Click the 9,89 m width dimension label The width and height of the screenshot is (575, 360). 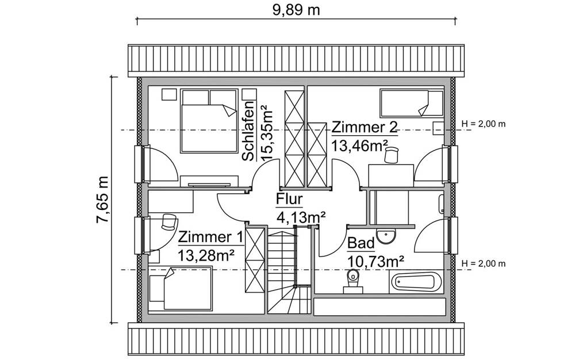(x=294, y=10)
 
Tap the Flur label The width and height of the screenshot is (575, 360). (x=290, y=200)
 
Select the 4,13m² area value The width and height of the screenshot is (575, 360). (x=302, y=217)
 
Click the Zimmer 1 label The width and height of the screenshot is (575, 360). (x=210, y=237)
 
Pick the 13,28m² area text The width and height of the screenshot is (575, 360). (x=205, y=255)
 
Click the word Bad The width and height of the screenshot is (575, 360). (x=361, y=244)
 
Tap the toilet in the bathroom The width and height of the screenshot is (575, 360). (x=351, y=282)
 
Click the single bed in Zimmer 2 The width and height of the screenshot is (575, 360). (x=411, y=103)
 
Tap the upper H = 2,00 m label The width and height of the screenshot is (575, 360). (x=484, y=124)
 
